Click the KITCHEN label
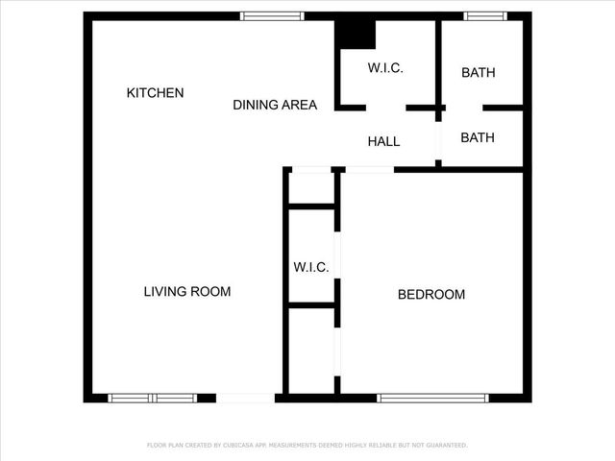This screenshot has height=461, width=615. click(x=155, y=93)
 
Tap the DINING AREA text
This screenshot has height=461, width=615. click(x=275, y=106)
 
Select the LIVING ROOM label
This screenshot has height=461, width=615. click(x=187, y=292)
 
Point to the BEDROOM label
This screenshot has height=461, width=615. click(x=431, y=295)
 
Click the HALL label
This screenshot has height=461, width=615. click(x=383, y=142)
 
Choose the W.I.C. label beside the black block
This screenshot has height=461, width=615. click(x=385, y=68)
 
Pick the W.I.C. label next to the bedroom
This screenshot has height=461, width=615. click(x=311, y=267)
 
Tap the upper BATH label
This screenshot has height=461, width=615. click(x=479, y=73)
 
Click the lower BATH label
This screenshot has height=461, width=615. click(x=478, y=138)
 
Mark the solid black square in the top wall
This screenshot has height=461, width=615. click(x=355, y=33)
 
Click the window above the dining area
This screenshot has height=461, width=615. click(x=272, y=16)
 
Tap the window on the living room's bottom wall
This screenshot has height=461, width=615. click(x=152, y=398)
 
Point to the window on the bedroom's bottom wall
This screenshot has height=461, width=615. click(x=433, y=398)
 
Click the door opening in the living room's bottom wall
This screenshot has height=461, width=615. click(x=245, y=398)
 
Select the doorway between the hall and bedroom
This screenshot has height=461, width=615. click(x=369, y=170)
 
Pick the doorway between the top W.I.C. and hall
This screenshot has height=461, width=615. click(x=386, y=108)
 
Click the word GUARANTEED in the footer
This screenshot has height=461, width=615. click(x=444, y=446)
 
